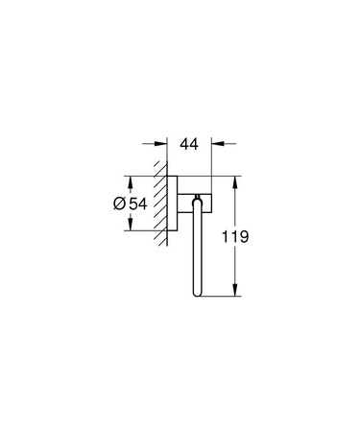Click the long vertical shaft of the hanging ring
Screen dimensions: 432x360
(x=195, y=250)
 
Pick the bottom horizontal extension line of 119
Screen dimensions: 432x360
(x=219, y=298)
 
